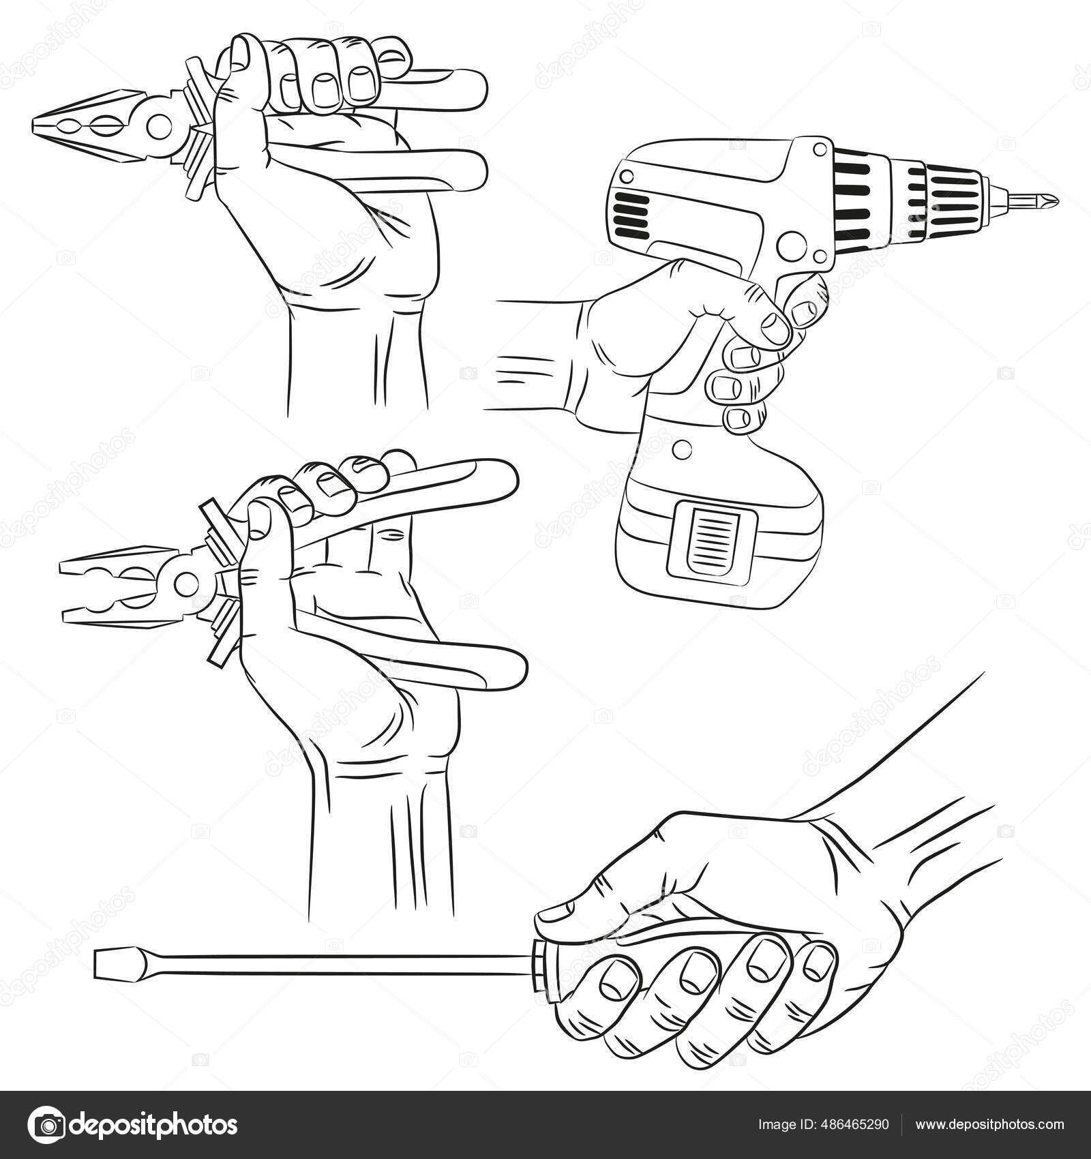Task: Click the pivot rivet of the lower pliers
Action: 185,583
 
